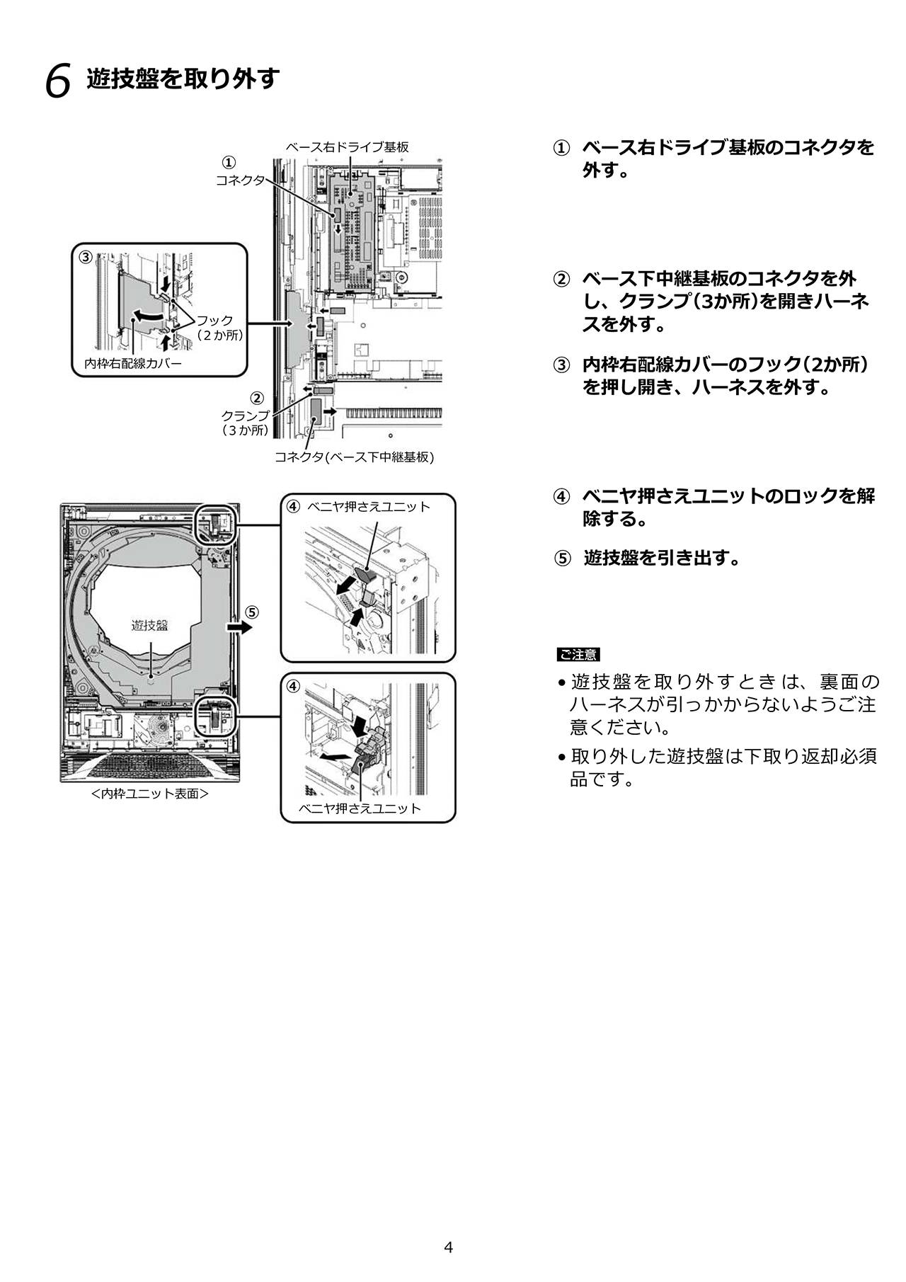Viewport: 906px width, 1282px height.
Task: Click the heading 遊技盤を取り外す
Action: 184,79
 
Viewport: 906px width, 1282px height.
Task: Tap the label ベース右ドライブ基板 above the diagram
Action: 347,147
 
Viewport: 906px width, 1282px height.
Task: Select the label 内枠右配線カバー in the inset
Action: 133,363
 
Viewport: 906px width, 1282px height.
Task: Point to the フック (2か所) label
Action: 218,328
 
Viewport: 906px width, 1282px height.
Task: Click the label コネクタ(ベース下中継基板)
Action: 354,457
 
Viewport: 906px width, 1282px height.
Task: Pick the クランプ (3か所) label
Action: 245,423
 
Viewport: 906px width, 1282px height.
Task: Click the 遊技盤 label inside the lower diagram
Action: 149,625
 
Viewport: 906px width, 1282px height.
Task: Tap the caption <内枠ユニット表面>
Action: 149,794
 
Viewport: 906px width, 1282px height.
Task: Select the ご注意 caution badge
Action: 578,655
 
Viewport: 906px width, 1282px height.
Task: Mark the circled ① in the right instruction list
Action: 561,149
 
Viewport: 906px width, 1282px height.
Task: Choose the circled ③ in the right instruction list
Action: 561,365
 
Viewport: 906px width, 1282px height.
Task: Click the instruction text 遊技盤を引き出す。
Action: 663,559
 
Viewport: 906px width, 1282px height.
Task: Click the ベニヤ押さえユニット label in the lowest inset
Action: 360,808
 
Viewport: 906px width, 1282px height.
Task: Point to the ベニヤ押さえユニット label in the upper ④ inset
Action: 369,507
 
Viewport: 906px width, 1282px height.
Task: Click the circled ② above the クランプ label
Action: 258,399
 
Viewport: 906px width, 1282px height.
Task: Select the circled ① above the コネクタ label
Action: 229,162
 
